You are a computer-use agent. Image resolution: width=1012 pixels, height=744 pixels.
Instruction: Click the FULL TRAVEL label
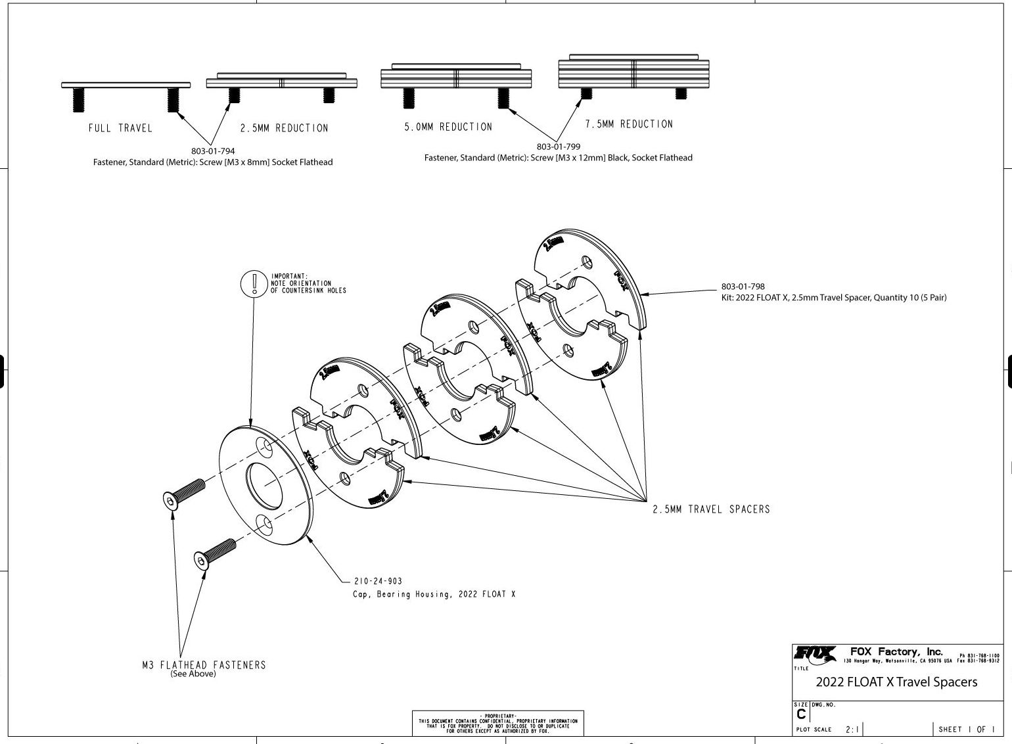pos(120,128)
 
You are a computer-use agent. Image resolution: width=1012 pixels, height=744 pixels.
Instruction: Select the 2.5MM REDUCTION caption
pos(284,128)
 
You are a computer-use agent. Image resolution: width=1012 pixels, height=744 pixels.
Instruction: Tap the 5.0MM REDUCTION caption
pos(448,127)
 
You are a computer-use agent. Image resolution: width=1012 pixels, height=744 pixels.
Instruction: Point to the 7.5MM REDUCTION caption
pos(629,124)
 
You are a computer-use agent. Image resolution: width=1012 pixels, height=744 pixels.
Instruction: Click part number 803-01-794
pos(213,151)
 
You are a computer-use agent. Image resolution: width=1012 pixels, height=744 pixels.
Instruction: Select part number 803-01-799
pos(559,147)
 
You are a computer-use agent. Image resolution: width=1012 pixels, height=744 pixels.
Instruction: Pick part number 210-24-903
pos(378,582)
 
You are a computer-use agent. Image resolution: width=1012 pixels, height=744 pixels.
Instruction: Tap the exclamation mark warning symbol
pos(253,283)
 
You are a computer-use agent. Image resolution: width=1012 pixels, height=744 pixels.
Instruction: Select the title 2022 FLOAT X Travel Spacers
pos(896,682)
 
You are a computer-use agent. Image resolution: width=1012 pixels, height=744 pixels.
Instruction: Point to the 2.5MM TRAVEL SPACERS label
pos(711,509)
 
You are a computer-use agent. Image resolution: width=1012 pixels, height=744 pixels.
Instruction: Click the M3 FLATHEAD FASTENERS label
pos(204,665)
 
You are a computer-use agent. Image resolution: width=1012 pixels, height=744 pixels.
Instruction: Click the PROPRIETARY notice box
pos(497,723)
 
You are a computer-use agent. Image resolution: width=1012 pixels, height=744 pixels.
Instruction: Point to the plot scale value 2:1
pos(851,730)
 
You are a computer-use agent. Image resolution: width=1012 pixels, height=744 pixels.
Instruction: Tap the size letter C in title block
pos(800,714)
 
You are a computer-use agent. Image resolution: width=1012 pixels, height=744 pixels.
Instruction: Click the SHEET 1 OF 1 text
pos(967,730)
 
